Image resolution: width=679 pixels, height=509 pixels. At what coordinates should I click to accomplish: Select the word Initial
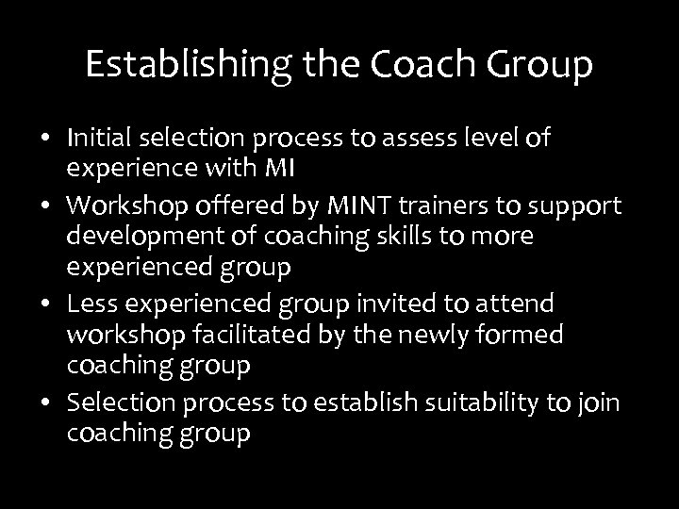tap(99, 139)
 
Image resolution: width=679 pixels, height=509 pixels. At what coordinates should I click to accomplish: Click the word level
tap(493, 139)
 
